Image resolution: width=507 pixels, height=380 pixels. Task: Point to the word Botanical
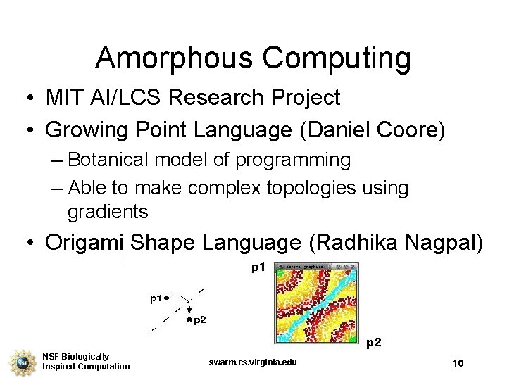[x=115, y=160]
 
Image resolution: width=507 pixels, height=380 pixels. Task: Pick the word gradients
[x=108, y=210]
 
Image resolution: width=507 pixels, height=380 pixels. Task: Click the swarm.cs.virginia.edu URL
[x=254, y=362]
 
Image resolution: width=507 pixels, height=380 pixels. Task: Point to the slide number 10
[x=458, y=363]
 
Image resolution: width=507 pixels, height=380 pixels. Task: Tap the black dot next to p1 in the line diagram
[x=167, y=298]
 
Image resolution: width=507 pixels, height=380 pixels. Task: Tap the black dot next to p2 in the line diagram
[x=189, y=319]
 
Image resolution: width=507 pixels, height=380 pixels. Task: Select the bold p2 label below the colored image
[x=374, y=343]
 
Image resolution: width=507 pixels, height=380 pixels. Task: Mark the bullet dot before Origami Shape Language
[x=30, y=243]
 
